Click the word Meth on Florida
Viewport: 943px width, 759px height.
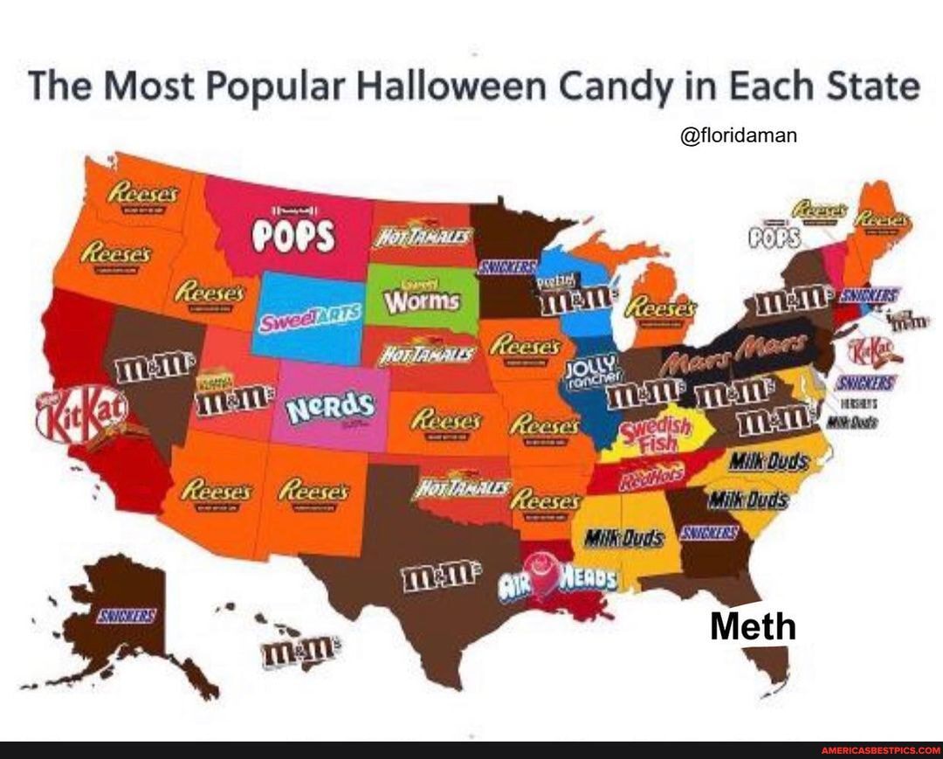pyautogui.click(x=753, y=626)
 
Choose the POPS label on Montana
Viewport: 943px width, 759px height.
pyautogui.click(x=294, y=234)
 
